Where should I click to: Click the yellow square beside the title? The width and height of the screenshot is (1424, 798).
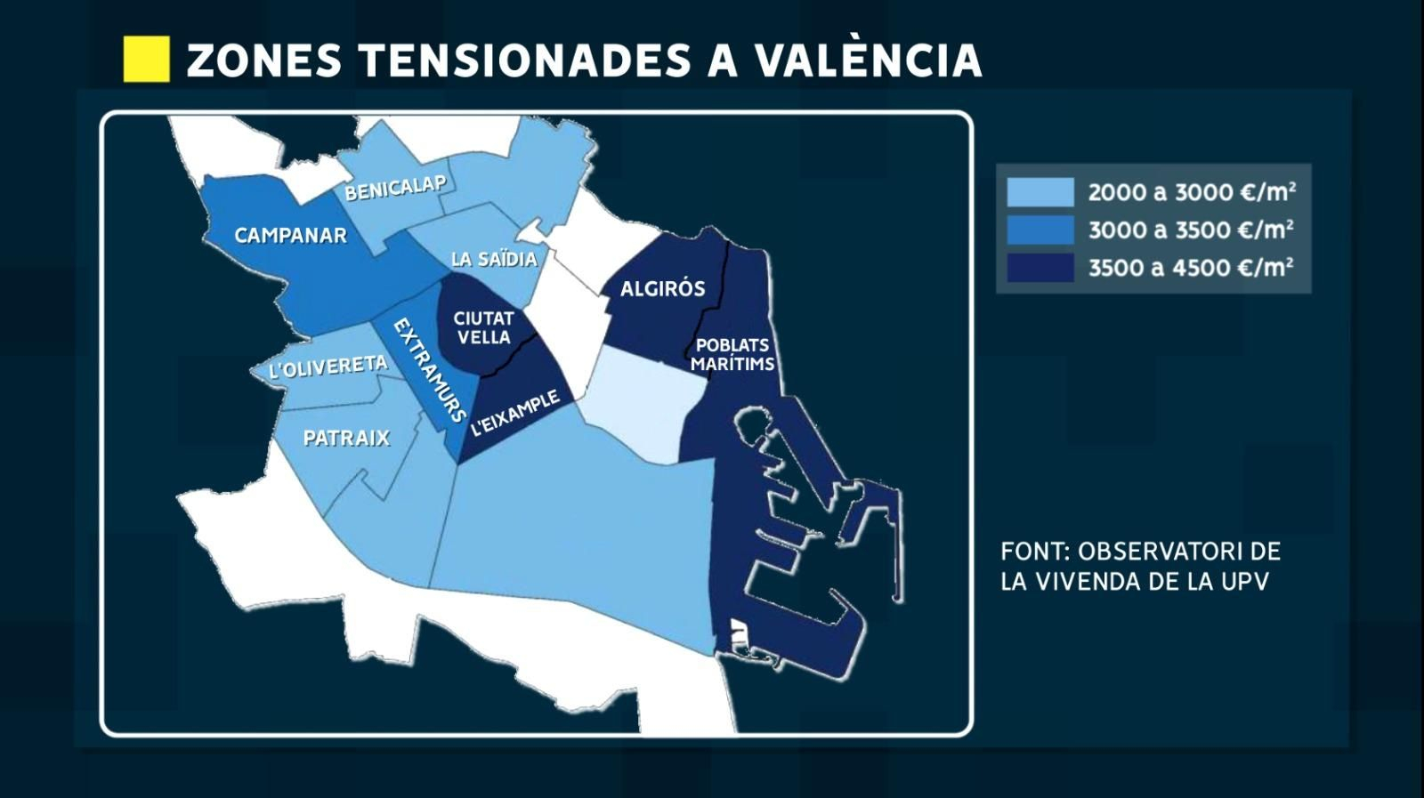point(146,60)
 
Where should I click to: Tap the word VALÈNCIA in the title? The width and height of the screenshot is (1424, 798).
point(868,60)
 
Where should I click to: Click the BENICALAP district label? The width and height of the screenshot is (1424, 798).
point(395,188)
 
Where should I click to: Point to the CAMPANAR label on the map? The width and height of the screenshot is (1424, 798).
point(290,236)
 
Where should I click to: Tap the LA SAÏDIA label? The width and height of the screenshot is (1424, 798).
point(494,260)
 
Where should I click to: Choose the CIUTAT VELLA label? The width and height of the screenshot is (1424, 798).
point(483,327)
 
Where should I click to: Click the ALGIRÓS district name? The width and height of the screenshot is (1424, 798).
point(662,288)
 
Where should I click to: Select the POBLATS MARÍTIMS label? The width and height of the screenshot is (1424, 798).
point(732,354)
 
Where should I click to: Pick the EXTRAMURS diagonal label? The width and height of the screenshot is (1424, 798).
point(429,369)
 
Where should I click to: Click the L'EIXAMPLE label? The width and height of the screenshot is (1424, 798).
point(515,413)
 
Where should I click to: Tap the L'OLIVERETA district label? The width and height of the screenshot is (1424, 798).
point(328,367)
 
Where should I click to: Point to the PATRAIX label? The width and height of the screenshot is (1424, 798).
point(346,438)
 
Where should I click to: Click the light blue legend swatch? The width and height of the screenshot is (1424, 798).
point(1040,192)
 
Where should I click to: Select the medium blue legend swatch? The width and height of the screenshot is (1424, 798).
point(1040,230)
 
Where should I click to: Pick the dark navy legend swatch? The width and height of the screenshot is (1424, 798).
point(1040,268)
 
